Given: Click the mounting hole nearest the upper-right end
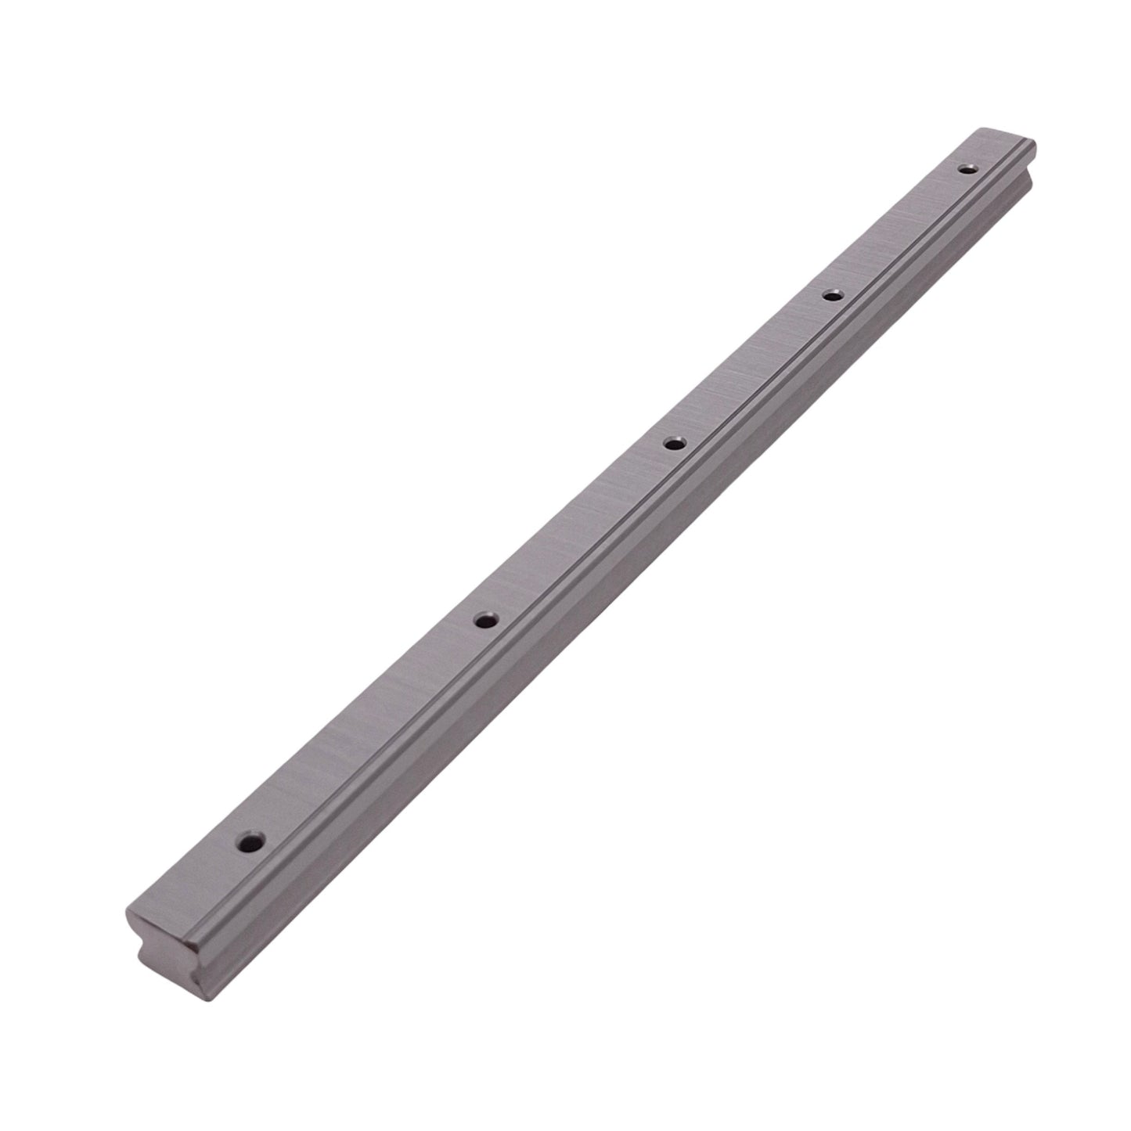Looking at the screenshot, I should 968,167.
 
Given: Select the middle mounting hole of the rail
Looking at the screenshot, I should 672,444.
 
